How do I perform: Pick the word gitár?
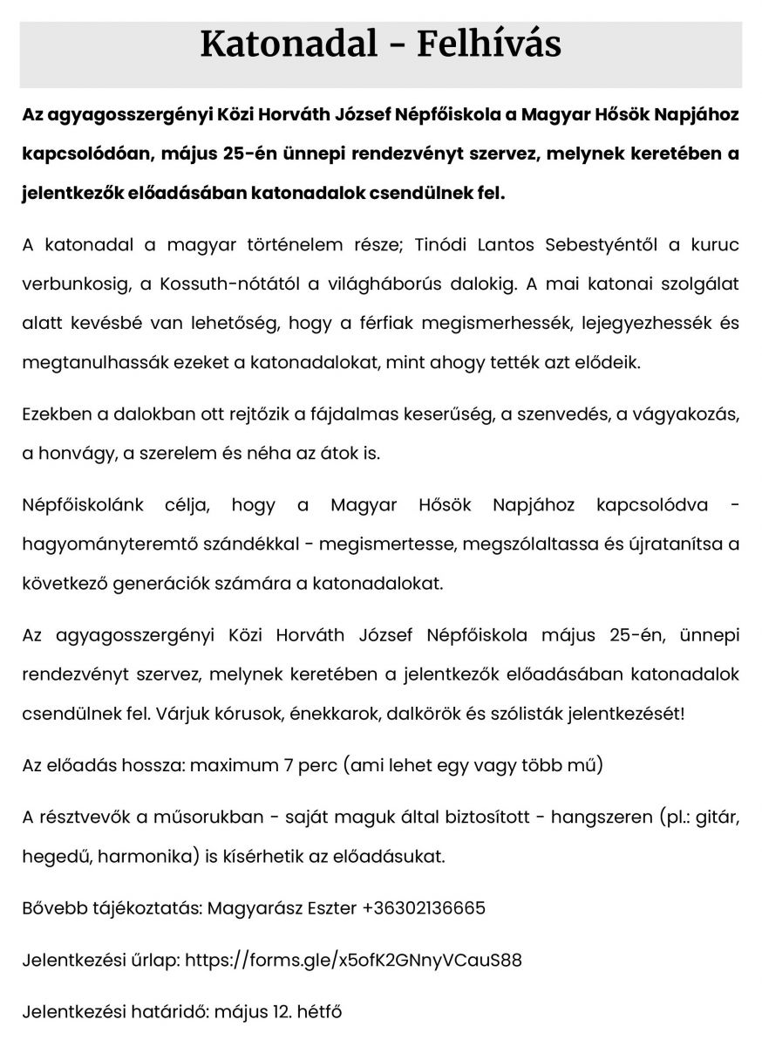coord(716,818)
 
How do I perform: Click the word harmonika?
coord(139,857)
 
